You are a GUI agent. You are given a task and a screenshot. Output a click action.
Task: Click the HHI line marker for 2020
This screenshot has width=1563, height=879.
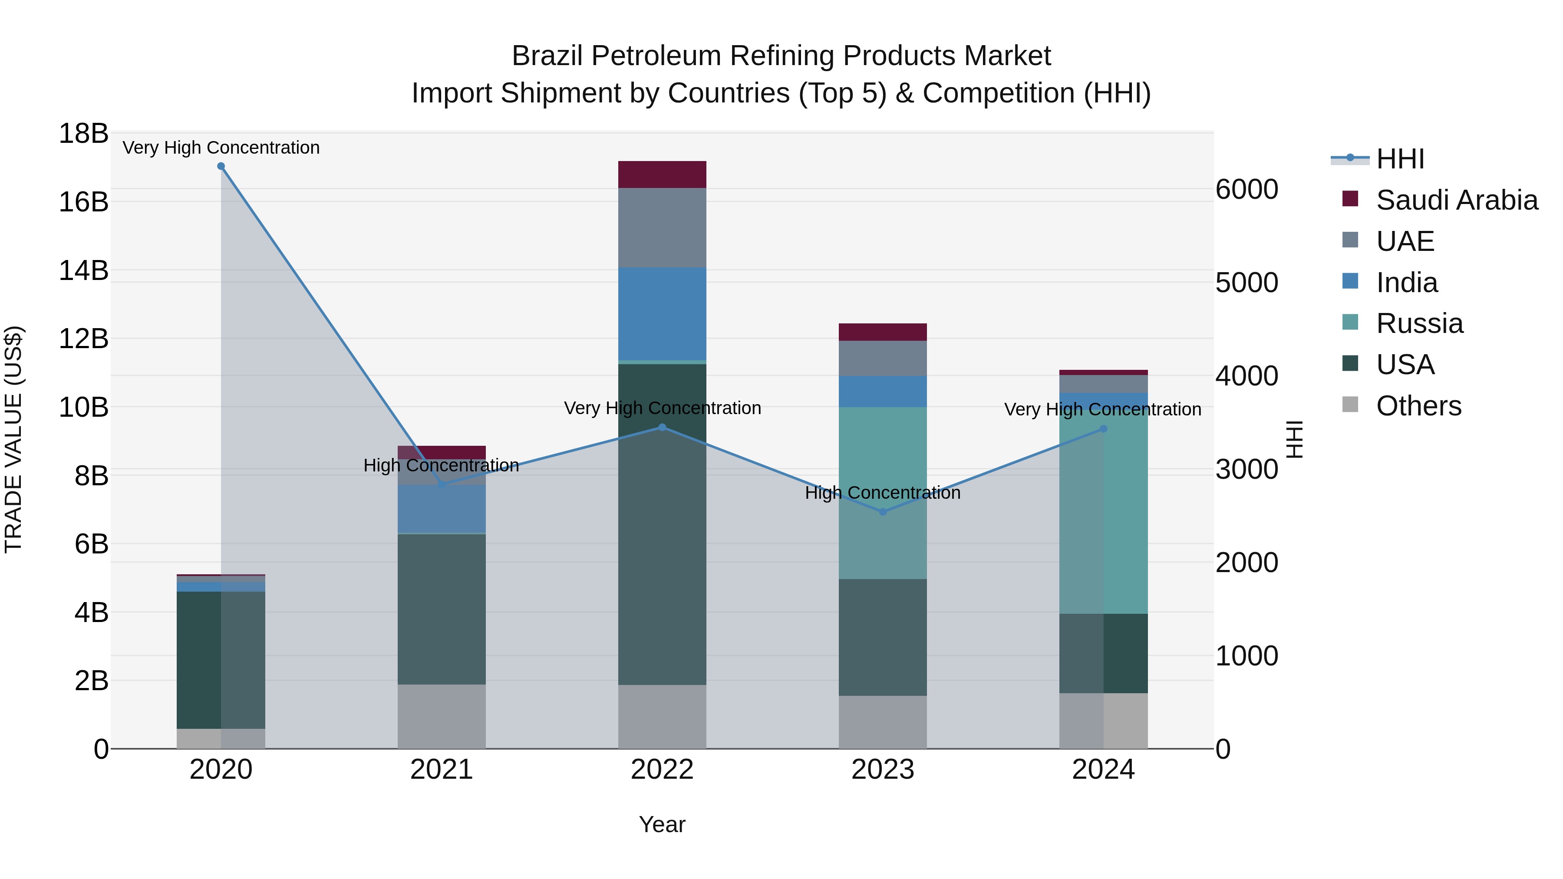pyautogui.click(x=221, y=166)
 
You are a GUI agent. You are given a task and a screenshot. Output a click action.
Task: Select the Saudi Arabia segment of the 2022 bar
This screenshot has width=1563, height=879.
pyautogui.click(x=662, y=174)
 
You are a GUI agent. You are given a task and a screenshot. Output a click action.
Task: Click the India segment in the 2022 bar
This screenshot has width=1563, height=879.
pyautogui.click(x=662, y=314)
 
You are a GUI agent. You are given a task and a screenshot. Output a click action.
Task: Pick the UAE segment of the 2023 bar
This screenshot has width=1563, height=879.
pyautogui.click(x=883, y=359)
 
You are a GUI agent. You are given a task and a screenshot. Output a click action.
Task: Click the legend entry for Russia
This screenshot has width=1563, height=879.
pyautogui.click(x=1419, y=323)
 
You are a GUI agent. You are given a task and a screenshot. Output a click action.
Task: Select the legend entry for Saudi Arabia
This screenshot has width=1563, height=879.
pyautogui.click(x=1456, y=200)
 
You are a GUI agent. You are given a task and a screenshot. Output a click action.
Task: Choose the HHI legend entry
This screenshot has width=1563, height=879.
pyautogui.click(x=1400, y=159)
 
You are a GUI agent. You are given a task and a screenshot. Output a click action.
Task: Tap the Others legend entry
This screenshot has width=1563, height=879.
pyautogui.click(x=1418, y=406)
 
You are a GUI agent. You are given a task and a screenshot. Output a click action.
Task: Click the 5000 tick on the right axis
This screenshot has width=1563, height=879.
pyautogui.click(x=1247, y=283)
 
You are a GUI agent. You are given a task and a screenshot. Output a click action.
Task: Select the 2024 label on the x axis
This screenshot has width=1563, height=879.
pyautogui.click(x=1103, y=770)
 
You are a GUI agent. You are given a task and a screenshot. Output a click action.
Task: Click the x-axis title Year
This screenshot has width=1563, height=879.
pyautogui.click(x=662, y=824)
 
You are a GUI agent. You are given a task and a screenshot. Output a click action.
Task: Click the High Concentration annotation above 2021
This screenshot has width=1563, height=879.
pyautogui.click(x=441, y=465)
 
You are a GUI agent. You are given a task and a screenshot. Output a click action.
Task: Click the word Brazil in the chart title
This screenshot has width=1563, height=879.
pyautogui.click(x=548, y=56)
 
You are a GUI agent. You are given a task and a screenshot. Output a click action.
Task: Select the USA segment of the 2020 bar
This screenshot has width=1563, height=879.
pyautogui.click(x=198, y=659)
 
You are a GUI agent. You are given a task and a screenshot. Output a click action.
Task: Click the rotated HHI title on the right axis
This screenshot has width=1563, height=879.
pyautogui.click(x=1294, y=439)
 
